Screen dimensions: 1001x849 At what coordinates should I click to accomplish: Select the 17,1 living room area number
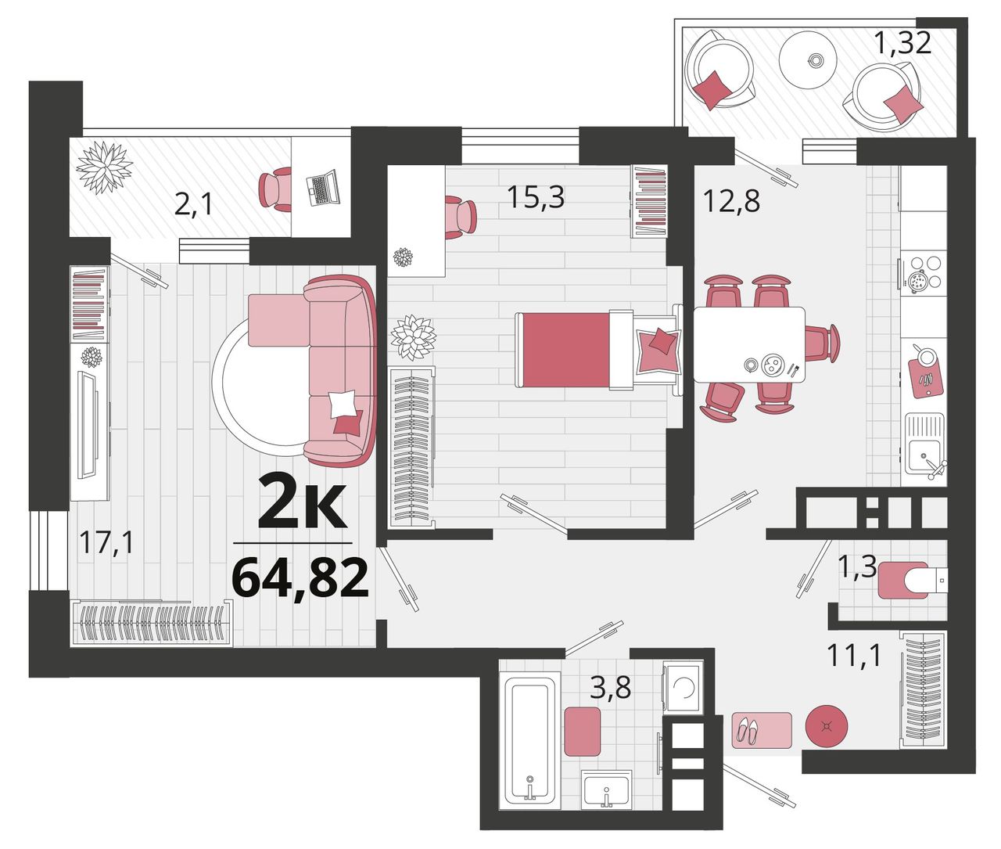tap(106, 543)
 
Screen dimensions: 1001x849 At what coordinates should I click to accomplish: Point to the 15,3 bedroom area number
tap(536, 196)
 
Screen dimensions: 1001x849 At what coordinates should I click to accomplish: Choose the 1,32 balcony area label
tap(903, 42)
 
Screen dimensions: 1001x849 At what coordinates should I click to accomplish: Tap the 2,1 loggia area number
tap(193, 205)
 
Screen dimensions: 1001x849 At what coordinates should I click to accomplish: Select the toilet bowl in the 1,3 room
tap(913, 580)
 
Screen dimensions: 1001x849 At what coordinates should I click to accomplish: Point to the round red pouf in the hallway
tap(827, 726)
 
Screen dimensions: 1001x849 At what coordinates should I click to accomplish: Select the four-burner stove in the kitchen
tap(920, 273)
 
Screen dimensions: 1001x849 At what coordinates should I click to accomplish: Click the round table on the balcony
tap(808, 59)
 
